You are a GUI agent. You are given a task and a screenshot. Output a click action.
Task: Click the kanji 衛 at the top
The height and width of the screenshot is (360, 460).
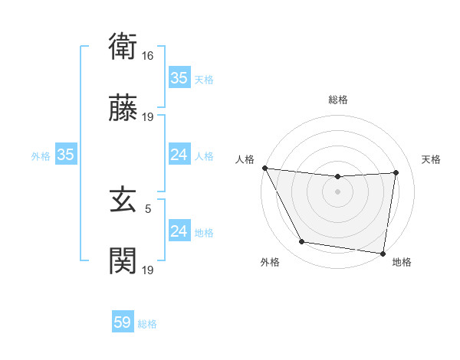point(123,47)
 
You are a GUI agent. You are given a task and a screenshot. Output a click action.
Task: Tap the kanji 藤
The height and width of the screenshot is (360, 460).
point(123,110)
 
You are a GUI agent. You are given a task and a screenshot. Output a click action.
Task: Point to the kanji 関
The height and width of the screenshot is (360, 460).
point(123,262)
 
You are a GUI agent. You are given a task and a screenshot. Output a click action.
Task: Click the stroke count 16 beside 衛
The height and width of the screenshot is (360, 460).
point(148,55)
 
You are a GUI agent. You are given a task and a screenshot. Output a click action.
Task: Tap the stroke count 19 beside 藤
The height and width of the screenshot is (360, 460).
point(148,117)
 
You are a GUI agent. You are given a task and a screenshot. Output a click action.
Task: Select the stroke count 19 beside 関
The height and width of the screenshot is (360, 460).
point(148,270)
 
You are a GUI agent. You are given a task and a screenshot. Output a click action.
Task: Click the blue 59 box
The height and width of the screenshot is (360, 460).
point(123,322)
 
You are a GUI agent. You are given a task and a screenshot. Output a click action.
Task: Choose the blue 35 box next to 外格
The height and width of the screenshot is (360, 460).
point(65,155)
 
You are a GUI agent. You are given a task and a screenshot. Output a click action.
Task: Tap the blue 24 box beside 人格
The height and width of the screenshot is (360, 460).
point(179,155)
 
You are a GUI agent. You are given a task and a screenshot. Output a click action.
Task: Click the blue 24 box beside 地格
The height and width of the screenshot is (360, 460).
point(179,231)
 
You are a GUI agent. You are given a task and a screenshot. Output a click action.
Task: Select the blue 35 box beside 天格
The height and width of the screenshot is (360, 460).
point(179,78)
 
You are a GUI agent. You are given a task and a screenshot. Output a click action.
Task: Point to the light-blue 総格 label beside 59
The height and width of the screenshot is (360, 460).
point(147,324)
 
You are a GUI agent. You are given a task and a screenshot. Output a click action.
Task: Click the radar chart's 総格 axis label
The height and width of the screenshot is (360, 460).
point(337,100)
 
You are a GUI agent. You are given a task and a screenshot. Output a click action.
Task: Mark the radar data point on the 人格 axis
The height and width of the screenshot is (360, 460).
point(264,168)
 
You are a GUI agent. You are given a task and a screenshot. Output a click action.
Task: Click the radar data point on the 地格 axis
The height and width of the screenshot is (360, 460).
point(383,253)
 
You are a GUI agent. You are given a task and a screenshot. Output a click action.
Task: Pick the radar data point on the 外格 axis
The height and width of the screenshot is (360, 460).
point(301,243)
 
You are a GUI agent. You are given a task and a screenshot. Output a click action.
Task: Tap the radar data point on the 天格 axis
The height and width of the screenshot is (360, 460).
point(396,172)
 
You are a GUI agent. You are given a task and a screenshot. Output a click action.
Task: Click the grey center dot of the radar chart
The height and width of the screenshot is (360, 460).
point(337,191)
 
